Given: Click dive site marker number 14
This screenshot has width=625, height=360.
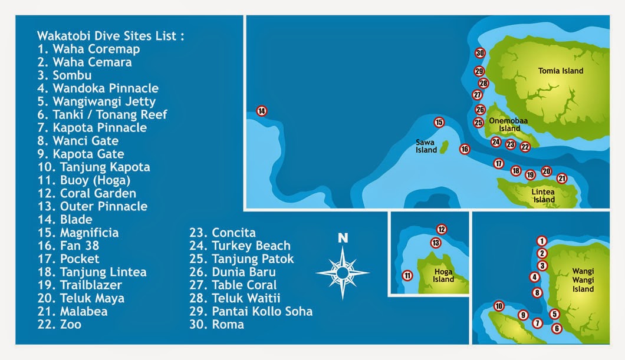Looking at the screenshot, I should click(x=262, y=111).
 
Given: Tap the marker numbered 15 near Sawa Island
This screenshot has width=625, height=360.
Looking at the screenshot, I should click(x=439, y=123).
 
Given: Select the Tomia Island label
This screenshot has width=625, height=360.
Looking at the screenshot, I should click(x=561, y=71).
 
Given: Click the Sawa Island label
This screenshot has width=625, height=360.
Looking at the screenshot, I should click(x=426, y=146).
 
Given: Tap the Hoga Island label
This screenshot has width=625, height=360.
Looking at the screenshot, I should click(x=443, y=276).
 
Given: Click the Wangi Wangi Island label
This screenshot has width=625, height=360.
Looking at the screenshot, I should click(x=583, y=280).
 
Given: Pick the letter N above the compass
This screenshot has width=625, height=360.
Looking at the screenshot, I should click(x=343, y=239).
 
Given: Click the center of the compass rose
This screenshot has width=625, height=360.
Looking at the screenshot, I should click(x=343, y=272).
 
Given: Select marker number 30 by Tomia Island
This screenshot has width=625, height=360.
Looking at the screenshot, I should click(x=480, y=53).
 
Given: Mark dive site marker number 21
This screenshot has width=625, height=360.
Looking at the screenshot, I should click(x=562, y=179).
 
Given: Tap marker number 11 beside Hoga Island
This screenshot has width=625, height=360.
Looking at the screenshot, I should click(x=407, y=275).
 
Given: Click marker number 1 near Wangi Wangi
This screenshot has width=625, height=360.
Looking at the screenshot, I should click(x=542, y=240).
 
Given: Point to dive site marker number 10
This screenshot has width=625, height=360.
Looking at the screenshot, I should click(x=499, y=306).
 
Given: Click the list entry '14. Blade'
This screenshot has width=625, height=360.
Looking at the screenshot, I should click(x=64, y=219).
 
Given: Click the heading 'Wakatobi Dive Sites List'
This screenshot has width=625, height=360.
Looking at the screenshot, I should click(x=110, y=36).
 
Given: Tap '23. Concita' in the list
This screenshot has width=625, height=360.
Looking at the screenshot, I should click(x=222, y=232).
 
